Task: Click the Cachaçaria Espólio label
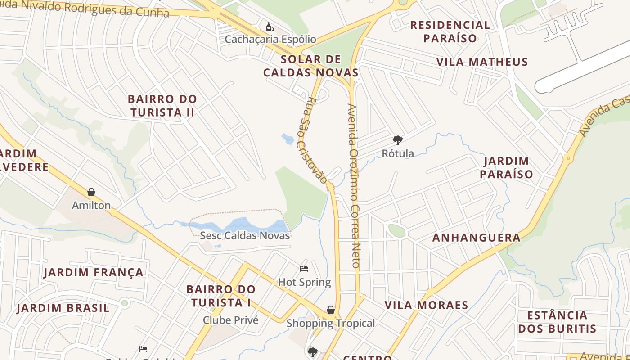click(270, 39)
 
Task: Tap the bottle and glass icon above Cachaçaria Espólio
click(270, 27)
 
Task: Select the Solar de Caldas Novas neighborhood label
click(310, 66)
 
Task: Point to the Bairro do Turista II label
click(162, 105)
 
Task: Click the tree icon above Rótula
click(397, 140)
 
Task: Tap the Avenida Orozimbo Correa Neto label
click(354, 186)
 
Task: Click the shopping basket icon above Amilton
click(91, 193)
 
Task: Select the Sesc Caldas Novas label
click(245, 235)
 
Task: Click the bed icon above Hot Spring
click(304, 269)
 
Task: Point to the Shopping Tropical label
click(330, 323)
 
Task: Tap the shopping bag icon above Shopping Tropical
click(331, 310)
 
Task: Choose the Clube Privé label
click(230, 320)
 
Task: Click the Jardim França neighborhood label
click(94, 272)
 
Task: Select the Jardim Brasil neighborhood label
click(63, 308)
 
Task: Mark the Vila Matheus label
click(482, 62)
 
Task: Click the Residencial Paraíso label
click(450, 31)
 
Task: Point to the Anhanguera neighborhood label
click(476, 238)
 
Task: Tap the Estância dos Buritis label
click(557, 321)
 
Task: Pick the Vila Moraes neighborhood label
click(426, 305)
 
